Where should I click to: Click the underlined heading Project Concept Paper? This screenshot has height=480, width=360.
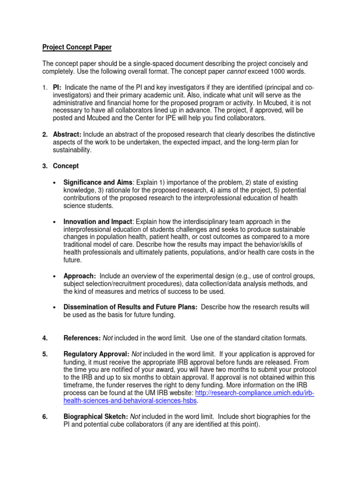77,47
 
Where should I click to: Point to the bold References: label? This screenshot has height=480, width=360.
82,338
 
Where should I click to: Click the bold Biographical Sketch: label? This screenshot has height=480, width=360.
94,417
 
